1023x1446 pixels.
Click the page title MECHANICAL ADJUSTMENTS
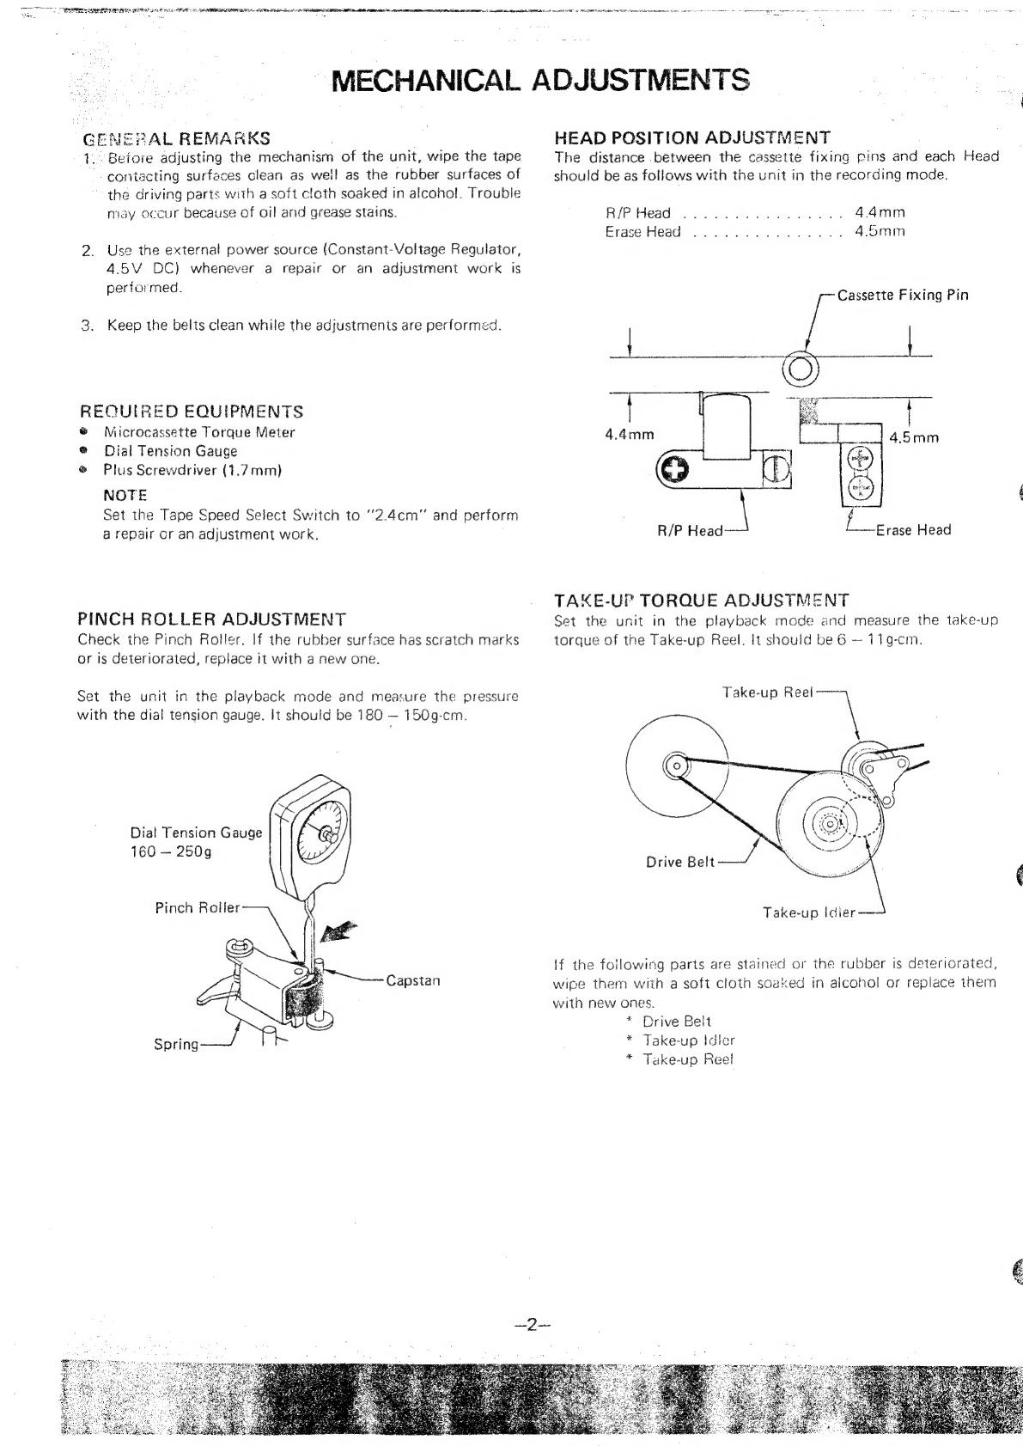pos(539,80)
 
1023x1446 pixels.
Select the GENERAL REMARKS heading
pos(176,138)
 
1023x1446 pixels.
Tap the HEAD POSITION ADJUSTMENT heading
pos(692,137)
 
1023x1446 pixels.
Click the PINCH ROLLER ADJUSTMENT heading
pos(211,619)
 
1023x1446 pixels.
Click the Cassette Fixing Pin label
pos(902,296)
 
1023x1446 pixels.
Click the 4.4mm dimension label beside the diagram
pos(630,435)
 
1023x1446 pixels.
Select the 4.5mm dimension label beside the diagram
pos(914,437)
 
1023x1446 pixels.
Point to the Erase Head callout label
pos(913,530)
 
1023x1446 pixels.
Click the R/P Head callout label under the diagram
pos(690,531)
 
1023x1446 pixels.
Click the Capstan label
pos(412,980)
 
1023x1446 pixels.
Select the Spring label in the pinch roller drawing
pos(175,1045)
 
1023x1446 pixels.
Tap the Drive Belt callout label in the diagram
pos(679,863)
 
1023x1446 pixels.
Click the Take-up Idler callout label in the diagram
pos(809,912)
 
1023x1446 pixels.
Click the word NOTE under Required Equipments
pos(125,496)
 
